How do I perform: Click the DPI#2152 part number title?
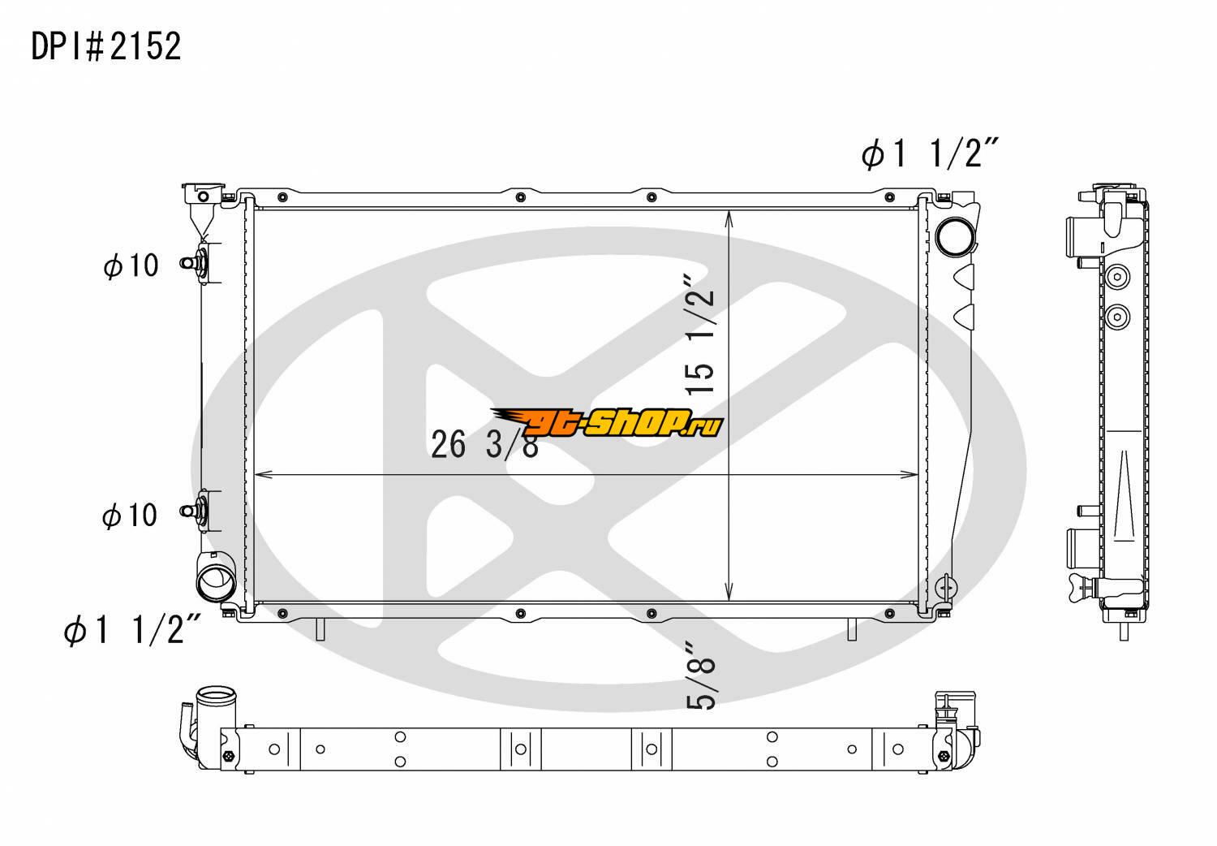point(106,46)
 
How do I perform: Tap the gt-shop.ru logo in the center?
point(608,422)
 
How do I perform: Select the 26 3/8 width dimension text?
point(484,445)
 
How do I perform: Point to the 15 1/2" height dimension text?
point(699,335)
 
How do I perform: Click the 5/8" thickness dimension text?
point(701,676)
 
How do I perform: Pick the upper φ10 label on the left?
point(131,265)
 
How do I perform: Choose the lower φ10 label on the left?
point(130,515)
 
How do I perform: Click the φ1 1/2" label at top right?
point(930,153)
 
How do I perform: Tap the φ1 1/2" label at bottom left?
point(132,629)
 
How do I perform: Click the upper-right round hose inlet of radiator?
point(955,236)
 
